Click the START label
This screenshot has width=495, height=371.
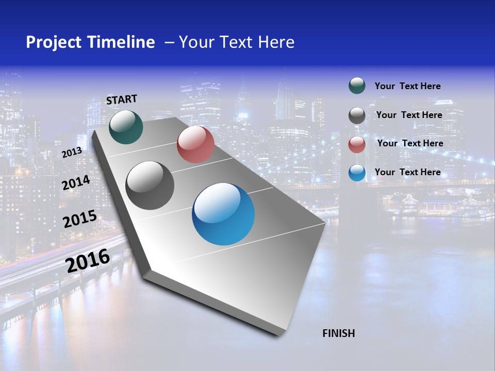[122, 99]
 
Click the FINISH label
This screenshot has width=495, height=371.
[339, 333]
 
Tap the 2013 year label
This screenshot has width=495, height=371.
[72, 153]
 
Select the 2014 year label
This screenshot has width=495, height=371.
[76, 183]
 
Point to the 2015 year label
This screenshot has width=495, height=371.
[79, 219]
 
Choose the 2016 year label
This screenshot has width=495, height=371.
[88, 261]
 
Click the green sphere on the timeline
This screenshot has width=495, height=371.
[126, 127]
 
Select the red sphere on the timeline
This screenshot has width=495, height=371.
[195, 144]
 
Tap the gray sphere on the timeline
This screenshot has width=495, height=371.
[150, 185]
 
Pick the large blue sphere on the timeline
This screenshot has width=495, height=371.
[223, 214]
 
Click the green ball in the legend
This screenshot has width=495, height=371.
[357, 86]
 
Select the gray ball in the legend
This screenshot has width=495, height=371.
[357, 115]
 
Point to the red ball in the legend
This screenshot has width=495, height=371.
[357, 144]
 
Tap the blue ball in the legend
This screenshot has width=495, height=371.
[357, 173]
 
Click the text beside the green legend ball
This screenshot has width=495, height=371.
[407, 86]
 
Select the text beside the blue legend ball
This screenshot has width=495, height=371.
[407, 172]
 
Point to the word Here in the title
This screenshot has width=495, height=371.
[276, 42]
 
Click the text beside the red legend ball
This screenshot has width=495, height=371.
[410, 143]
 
